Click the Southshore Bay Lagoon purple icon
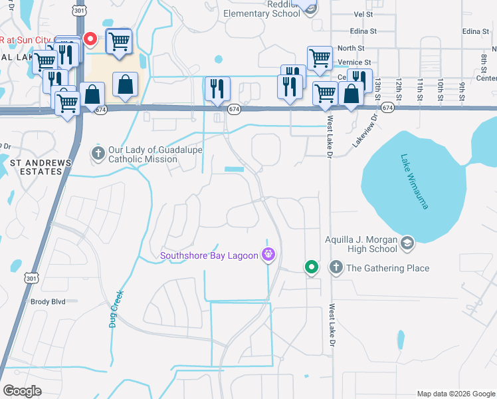click(x=268, y=254)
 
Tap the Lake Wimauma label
click(x=413, y=182)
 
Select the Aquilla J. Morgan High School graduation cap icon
click(x=407, y=244)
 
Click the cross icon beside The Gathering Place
click(x=336, y=268)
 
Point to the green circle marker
click(x=311, y=267)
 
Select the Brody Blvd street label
click(x=48, y=301)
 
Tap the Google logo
click(x=23, y=391)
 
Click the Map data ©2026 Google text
click(x=455, y=394)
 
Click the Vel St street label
click(x=363, y=14)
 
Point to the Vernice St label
click(x=353, y=63)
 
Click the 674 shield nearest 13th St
click(x=389, y=107)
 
